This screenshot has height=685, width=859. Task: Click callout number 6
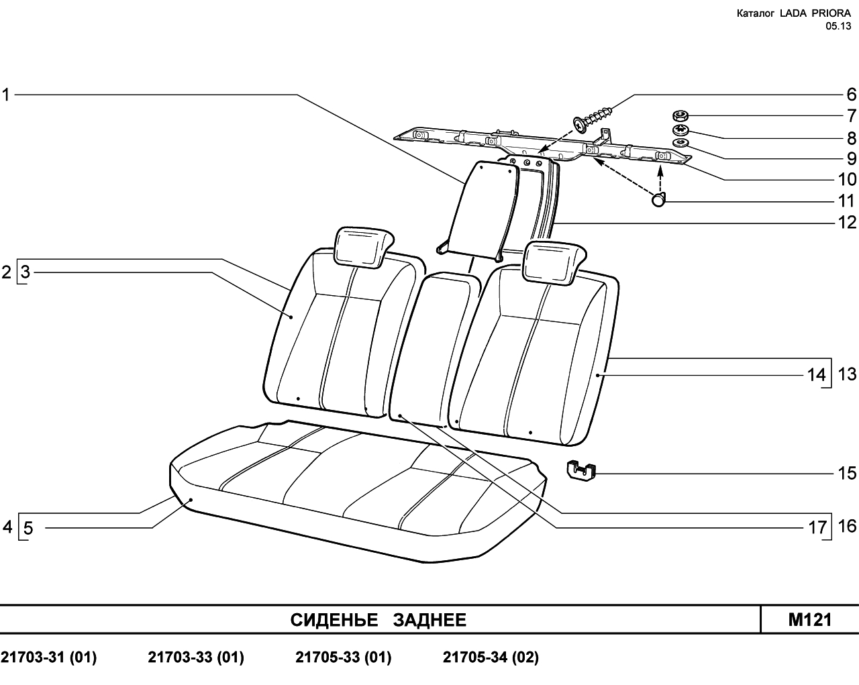click(x=851, y=95)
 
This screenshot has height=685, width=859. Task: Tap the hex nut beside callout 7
click(x=679, y=117)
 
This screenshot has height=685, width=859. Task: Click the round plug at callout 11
click(x=658, y=199)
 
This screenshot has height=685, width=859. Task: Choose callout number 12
click(x=847, y=222)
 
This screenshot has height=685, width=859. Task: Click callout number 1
click(x=6, y=95)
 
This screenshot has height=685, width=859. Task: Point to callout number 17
click(x=817, y=528)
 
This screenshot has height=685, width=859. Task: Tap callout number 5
click(x=28, y=528)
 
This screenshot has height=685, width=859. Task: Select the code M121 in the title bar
click(x=810, y=619)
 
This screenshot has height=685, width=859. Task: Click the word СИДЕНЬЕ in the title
click(x=334, y=620)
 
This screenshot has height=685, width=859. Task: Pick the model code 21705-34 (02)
click(x=491, y=657)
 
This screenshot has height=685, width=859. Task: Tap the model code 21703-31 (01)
click(x=49, y=657)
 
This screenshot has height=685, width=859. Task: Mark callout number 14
click(x=816, y=375)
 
